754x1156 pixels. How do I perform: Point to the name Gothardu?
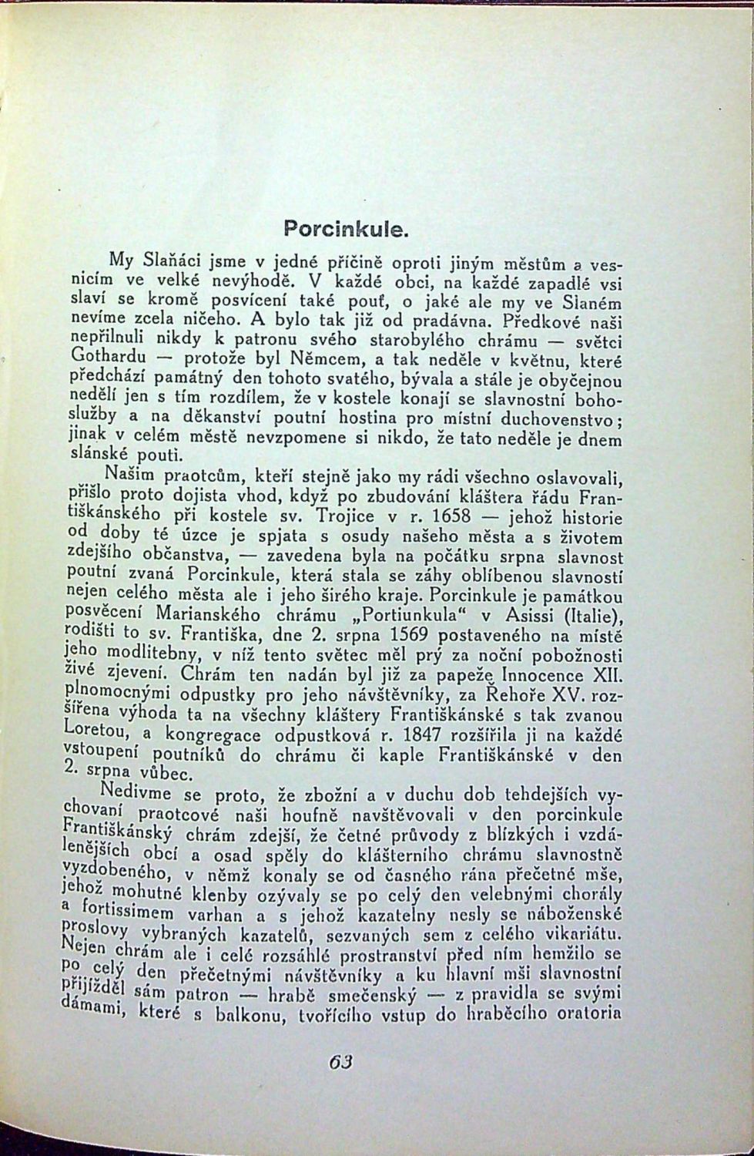[x=102, y=358]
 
